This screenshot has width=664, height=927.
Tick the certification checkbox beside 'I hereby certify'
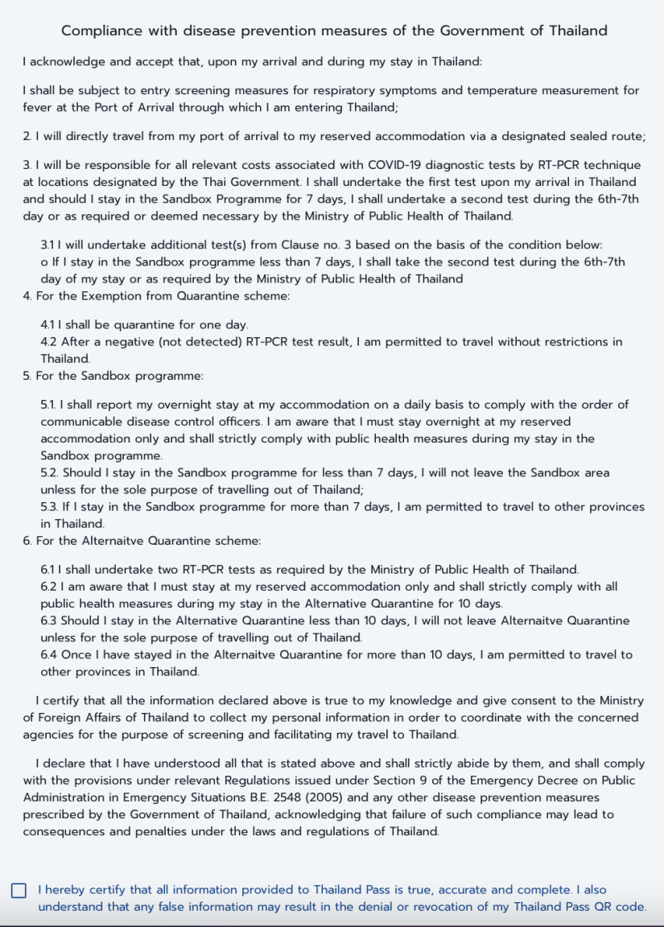[19, 890]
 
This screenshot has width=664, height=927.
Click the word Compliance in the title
[98, 31]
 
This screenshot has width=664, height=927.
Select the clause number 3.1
[48, 244]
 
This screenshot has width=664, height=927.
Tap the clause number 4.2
[48, 342]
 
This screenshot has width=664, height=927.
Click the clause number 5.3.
[50, 507]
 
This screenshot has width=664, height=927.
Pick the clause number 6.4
[49, 655]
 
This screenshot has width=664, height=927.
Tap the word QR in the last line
[604, 907]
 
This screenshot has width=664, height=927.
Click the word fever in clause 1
[37, 108]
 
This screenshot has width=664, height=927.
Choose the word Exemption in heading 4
[109, 296]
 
